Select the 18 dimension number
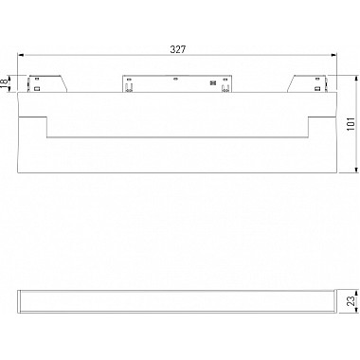coord(6,84)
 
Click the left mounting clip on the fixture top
coord(47,82)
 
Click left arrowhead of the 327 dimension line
coord(19,56)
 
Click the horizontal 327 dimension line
coord(114,56)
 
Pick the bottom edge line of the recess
coord(177,138)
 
